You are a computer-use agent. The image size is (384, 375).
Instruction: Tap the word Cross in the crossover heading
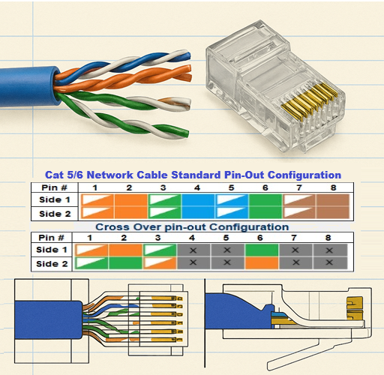pyautogui.click(x=112, y=227)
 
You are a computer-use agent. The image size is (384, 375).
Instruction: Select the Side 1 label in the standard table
pyautogui.click(x=54, y=199)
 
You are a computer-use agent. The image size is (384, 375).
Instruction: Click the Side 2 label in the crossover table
pyautogui.click(x=52, y=264)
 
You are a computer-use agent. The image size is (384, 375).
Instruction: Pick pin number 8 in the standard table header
pyautogui.click(x=333, y=187)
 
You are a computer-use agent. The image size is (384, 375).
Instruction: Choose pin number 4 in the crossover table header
pyautogui.click(x=192, y=238)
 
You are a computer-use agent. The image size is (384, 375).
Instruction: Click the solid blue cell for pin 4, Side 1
pyautogui.click(x=198, y=200)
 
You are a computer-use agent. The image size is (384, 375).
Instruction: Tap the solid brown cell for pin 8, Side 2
pyautogui.click(x=333, y=213)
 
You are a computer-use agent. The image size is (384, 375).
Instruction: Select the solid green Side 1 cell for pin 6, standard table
pyautogui.click(x=265, y=200)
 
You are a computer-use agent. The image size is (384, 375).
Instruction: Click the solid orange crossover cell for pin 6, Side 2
pyautogui.click(x=262, y=263)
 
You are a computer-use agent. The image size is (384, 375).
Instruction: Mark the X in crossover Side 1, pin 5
pyautogui.click(x=227, y=250)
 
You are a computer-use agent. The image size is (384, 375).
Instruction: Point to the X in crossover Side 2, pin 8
pyautogui.click(x=329, y=262)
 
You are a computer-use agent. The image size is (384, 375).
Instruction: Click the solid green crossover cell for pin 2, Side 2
pyautogui.click(x=125, y=263)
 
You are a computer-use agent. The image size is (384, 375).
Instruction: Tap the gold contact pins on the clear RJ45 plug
pyautogui.click(x=310, y=101)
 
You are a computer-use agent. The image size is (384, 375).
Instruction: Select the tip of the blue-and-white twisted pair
pyautogui.click(x=189, y=55)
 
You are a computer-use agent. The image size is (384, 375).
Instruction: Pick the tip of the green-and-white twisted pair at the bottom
pyautogui.click(x=187, y=133)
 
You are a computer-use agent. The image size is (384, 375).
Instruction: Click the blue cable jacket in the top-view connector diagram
pyautogui.click(x=48, y=320)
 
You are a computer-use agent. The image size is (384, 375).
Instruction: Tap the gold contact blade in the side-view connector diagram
pyautogui.click(x=354, y=308)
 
